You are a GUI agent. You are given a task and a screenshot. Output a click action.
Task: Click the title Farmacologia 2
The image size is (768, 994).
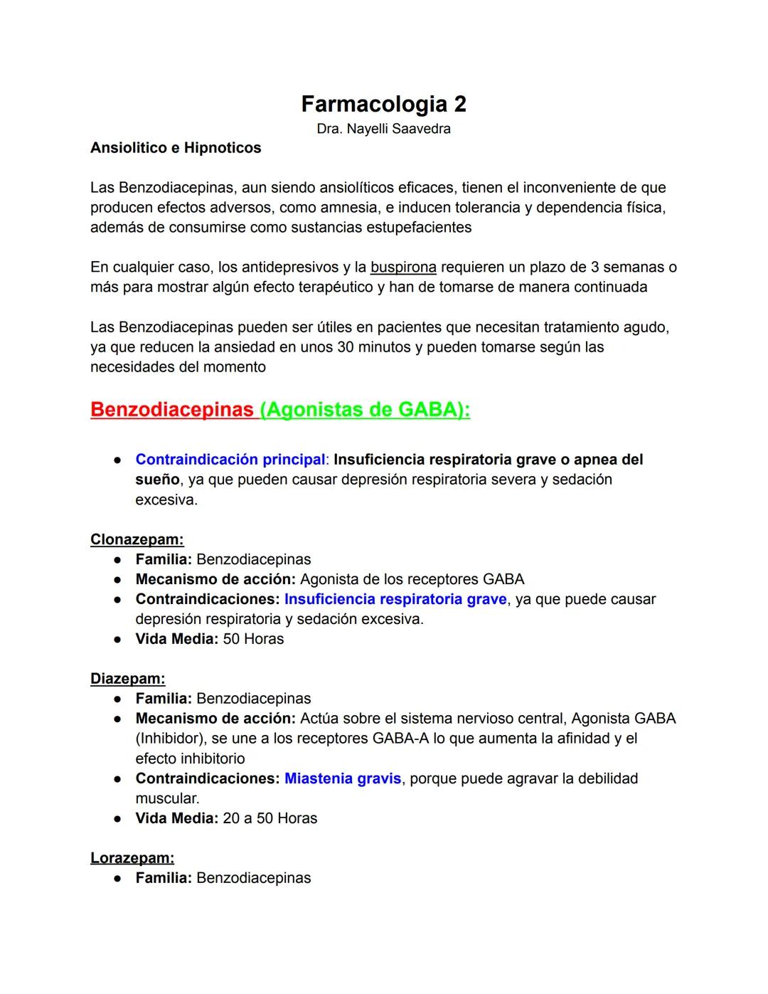coord(383,104)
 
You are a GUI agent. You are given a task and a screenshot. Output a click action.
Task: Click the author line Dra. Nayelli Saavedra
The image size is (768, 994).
coord(383,129)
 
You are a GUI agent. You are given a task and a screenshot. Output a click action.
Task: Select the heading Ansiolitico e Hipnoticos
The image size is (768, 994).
coord(176,148)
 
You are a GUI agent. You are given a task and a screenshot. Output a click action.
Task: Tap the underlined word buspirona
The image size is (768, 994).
coord(403,268)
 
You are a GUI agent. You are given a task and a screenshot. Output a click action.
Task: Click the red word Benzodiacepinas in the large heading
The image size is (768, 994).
coord(172,410)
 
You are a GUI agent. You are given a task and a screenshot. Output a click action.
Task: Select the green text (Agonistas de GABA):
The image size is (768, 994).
coord(366,410)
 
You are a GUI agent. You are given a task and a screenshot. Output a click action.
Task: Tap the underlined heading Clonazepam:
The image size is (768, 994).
coord(137,539)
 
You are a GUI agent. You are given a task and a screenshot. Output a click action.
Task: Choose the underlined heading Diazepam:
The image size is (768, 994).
coord(127,679)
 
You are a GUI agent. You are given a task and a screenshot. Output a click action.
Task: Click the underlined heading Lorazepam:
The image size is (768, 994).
coord(132,858)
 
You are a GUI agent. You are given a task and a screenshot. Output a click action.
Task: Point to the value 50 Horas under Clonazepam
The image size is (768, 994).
coord(253,639)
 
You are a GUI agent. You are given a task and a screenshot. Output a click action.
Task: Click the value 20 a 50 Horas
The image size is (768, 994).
coord(270,818)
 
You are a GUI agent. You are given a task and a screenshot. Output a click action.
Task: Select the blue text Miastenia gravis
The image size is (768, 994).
coord(343,778)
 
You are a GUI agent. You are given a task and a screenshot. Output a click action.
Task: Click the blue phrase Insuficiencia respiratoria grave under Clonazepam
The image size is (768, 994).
coord(395,599)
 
